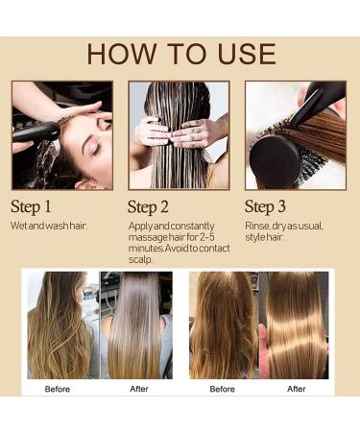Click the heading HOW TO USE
pyautogui.click(x=180, y=54)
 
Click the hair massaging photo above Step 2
pyautogui.click(x=179, y=135)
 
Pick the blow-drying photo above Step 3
pyautogui.click(x=294, y=135)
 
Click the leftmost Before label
pyautogui.click(x=59, y=389)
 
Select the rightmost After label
pyautogui.click(x=296, y=389)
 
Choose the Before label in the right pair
pyautogui.click(x=223, y=389)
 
